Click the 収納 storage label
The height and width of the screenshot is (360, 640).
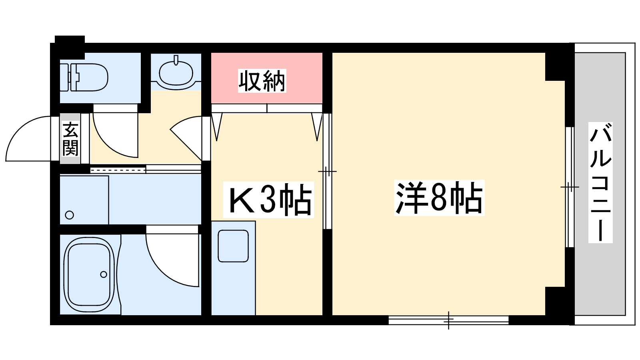tap(262, 81)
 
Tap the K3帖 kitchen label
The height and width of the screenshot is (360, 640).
tap(268, 200)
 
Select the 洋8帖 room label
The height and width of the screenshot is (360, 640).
tap(439, 198)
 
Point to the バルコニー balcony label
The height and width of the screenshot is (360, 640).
tap(600, 182)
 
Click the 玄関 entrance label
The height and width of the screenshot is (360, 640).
tap(70, 139)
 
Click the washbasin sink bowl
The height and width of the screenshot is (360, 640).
tap(176, 72)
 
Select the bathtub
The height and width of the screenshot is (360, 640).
tap(89, 275)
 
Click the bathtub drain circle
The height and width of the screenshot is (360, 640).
tap(104, 274)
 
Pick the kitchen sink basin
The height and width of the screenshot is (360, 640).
tap(233, 246)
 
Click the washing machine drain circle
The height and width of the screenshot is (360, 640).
tap(70, 215)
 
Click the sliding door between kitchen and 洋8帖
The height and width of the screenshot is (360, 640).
tap(328, 172)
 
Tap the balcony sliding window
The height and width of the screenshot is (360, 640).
tap(570, 187)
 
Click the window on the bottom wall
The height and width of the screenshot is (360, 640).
tap(448, 320)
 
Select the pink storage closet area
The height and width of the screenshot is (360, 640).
tap(267, 78)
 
